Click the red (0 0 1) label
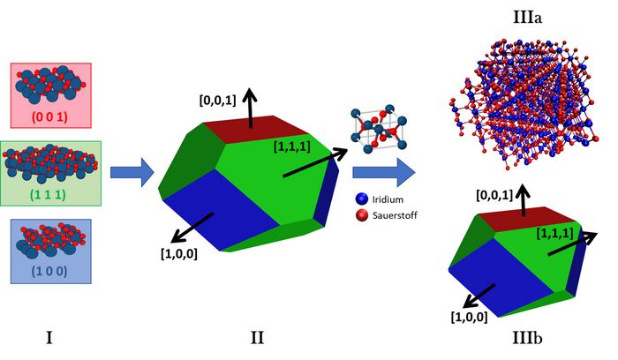coord(49,116)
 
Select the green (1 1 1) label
coord(48,194)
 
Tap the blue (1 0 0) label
coord(49,271)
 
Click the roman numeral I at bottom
coord(49,338)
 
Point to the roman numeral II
coord(258,338)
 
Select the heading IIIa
coord(527,18)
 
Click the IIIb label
coord(527,338)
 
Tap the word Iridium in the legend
coord(388,199)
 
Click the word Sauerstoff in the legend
coord(395,215)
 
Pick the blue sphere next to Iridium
coord(361,199)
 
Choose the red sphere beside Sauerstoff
coord(361,215)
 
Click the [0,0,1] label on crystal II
coord(217,100)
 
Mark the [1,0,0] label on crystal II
coord(179,253)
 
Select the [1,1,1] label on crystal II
coord(292,146)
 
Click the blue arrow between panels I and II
coord(132,172)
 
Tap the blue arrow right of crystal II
coord(384,172)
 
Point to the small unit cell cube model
coord(379,129)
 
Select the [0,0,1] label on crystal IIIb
coord(494,195)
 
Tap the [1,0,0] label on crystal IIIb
coord(469,317)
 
